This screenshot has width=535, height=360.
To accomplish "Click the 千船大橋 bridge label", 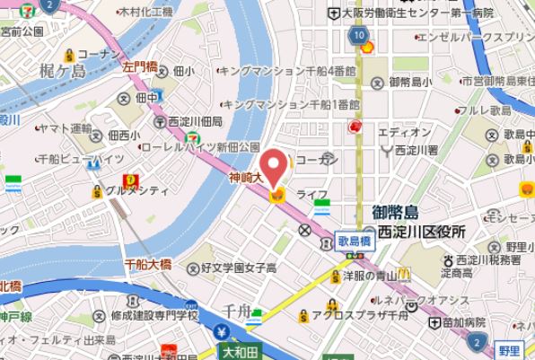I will coord(148,265).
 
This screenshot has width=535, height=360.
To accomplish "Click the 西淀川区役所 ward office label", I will coord(421,231).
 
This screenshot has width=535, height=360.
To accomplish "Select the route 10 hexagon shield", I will coord(359,35).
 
